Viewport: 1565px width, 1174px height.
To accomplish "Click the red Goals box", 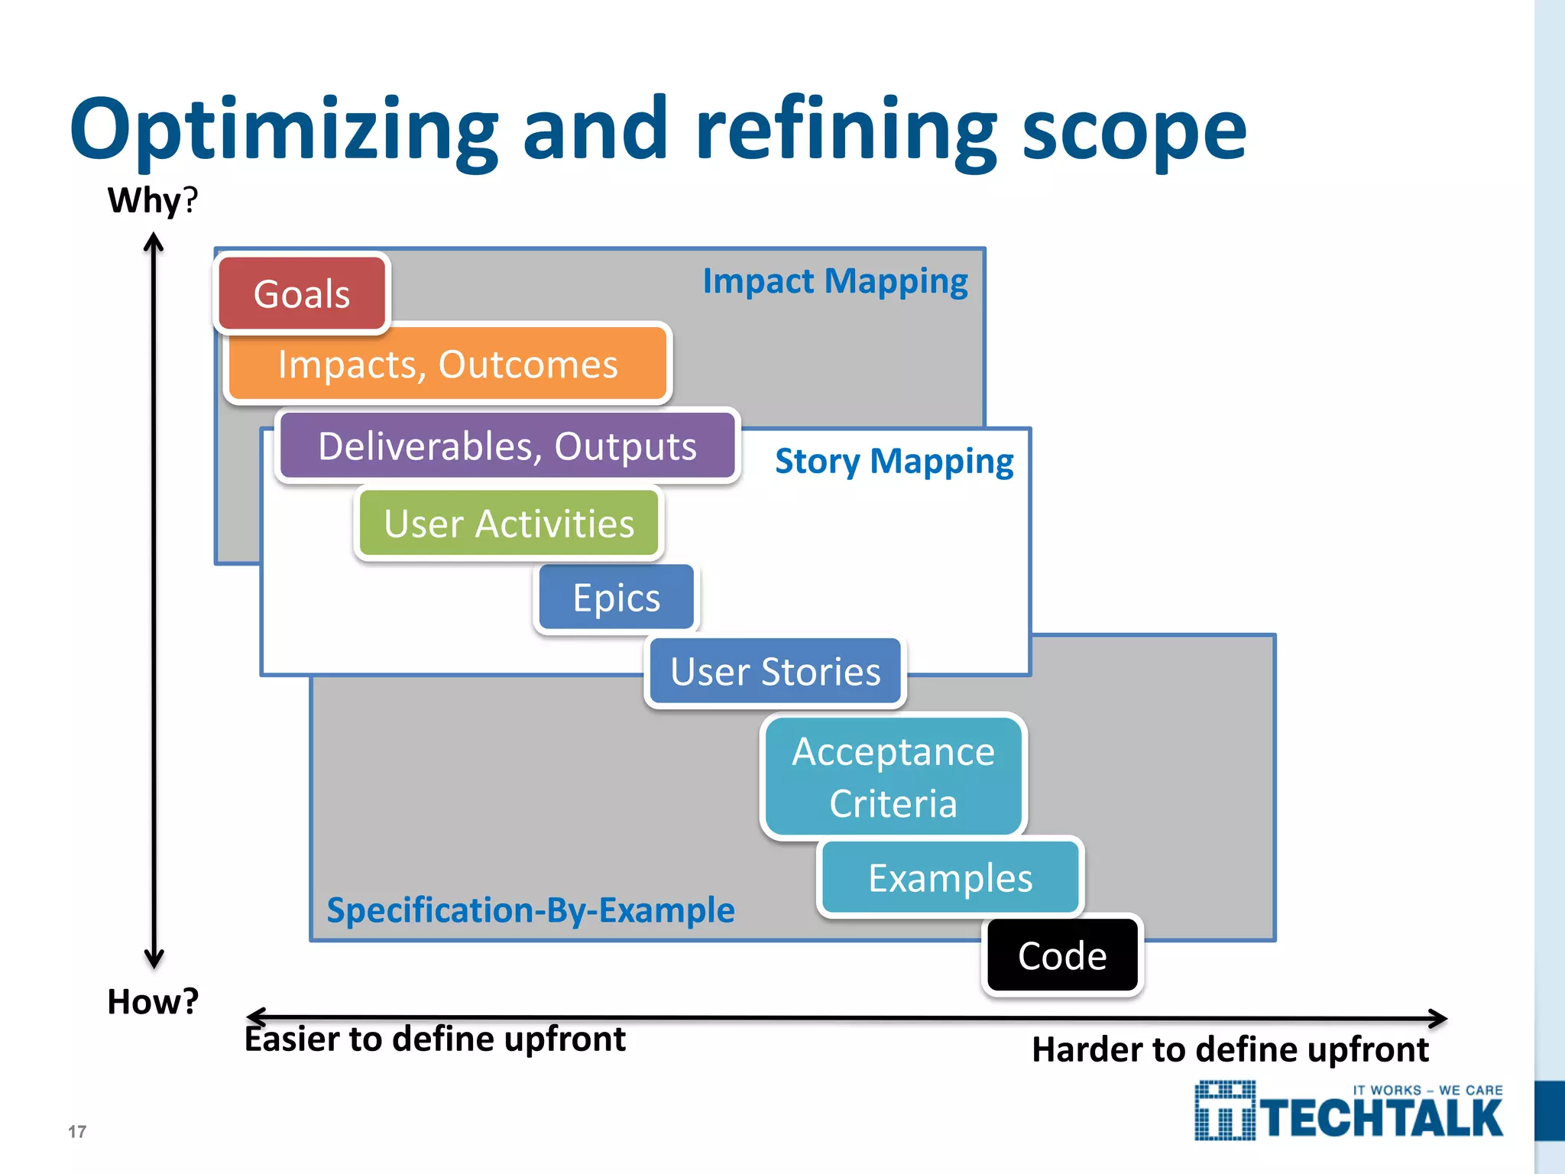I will tap(303, 294).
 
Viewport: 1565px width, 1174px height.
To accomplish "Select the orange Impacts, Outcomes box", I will tap(448, 364).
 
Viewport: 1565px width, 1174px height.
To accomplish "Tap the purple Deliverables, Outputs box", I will tap(507, 446).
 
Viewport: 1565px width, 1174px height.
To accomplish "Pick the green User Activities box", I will tap(509, 524).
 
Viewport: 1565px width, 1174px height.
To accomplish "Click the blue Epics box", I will tap(617, 598).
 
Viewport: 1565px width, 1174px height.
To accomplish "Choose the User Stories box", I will tap(776, 672).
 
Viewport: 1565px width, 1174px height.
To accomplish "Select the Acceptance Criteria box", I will tap(893, 777).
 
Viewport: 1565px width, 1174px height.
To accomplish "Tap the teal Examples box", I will tap(951, 877).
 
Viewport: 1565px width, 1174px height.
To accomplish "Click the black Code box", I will tap(1062, 955).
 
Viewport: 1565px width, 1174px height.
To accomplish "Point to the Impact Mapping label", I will tap(835, 281).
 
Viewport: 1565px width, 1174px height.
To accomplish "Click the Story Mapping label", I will tap(894, 461).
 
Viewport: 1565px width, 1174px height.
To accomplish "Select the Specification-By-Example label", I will tap(530, 910).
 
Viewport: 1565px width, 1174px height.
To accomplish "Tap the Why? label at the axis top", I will tap(152, 200).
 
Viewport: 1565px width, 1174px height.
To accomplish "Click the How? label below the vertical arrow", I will tap(153, 1001).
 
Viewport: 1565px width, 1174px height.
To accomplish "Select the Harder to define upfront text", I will tap(1230, 1049).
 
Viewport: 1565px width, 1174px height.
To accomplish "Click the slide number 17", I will tap(77, 1131).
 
